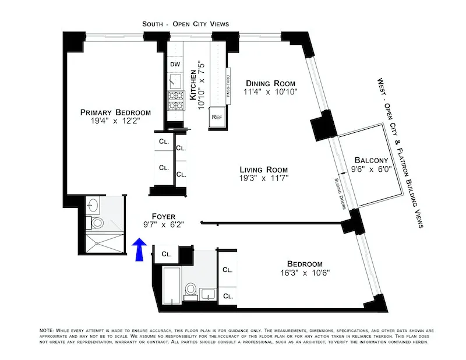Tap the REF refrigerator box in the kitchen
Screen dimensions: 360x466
(x=217, y=117)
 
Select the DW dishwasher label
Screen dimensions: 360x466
(x=174, y=64)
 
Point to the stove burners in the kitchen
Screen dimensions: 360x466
(x=175, y=101)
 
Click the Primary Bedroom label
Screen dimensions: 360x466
(x=115, y=112)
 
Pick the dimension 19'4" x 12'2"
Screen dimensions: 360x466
(x=115, y=122)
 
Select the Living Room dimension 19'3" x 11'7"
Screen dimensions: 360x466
(x=264, y=178)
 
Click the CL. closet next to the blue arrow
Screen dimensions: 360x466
(x=166, y=254)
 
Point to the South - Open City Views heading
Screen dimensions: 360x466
(x=185, y=24)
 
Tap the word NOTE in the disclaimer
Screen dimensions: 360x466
(x=45, y=330)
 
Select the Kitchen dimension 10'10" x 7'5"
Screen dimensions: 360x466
(x=201, y=82)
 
